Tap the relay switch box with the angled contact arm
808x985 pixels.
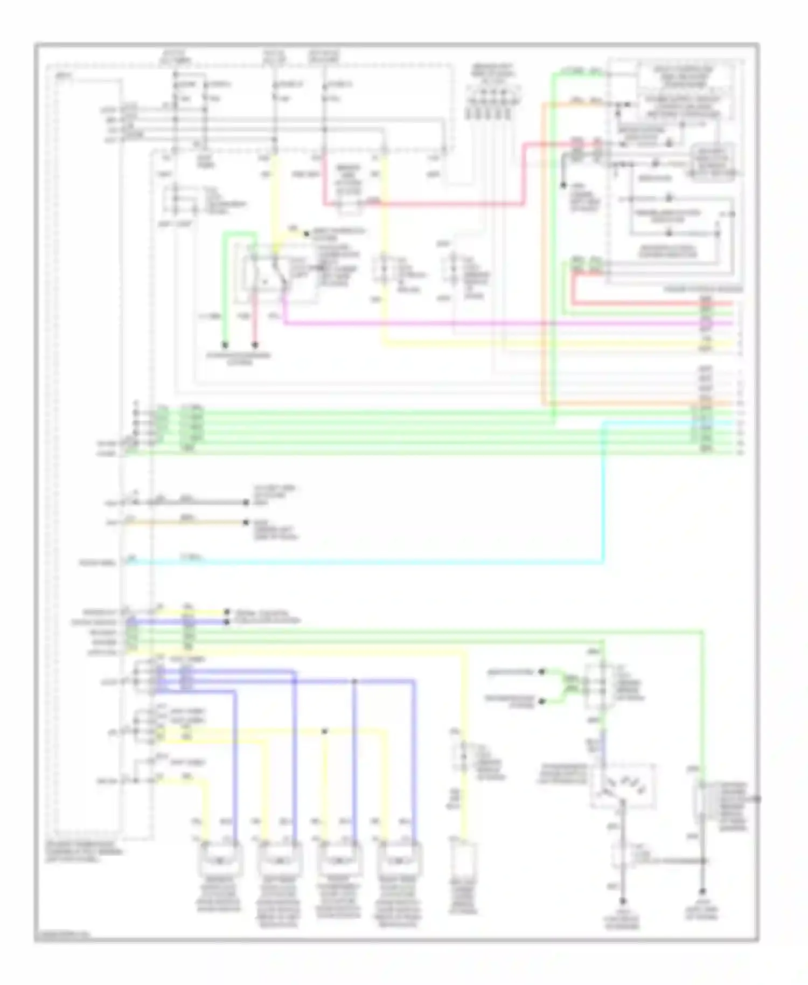click(x=265, y=273)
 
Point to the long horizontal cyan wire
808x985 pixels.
click(x=366, y=563)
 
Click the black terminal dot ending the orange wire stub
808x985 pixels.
click(x=246, y=522)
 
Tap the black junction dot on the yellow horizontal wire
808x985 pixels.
click(x=324, y=731)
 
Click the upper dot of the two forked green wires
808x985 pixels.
click(x=542, y=672)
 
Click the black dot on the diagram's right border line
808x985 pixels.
click(x=758, y=798)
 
